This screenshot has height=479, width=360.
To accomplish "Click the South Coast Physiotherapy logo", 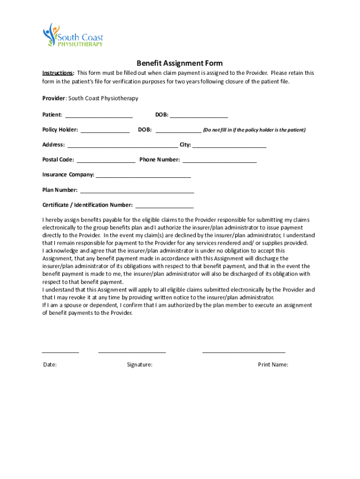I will coord(72,35).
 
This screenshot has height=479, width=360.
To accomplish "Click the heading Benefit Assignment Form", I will coord(180,63).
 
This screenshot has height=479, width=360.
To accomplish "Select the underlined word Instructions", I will coord(58,73).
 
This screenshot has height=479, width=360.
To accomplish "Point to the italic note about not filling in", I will coord(254,130).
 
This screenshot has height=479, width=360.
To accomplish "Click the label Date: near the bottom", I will coord(50,365).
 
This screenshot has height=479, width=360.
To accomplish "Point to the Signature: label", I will coord(139,365).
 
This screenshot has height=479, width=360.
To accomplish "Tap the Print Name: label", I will coord(273,365).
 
